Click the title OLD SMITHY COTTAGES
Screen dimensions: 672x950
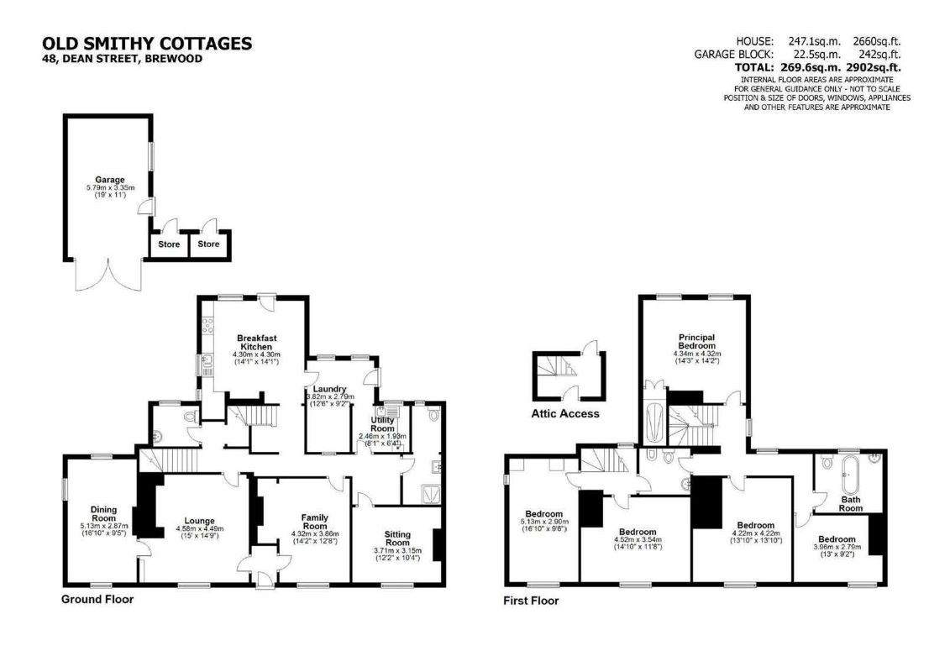(147, 44)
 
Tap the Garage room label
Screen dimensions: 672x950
(109, 179)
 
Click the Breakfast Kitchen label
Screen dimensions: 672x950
(256, 342)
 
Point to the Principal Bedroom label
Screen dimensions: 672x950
(696, 341)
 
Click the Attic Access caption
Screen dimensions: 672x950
(564, 413)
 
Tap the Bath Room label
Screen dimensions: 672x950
(851, 503)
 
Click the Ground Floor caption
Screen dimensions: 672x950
(97, 599)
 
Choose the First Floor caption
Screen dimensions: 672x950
(531, 601)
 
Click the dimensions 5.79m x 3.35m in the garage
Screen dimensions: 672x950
(109, 187)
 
